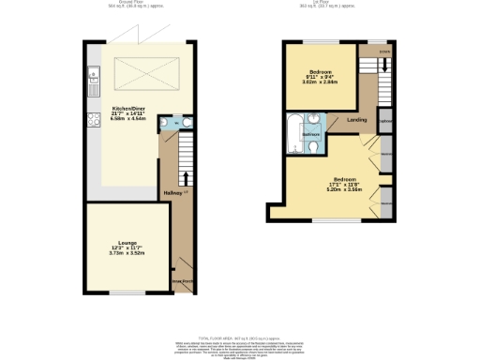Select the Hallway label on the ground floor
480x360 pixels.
(173, 193)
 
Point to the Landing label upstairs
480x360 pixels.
(356, 120)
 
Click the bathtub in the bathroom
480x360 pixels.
(294, 132)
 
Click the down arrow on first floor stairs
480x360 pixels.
(384, 66)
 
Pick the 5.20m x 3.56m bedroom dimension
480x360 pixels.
(344, 188)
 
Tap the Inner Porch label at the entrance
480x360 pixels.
(182, 279)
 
